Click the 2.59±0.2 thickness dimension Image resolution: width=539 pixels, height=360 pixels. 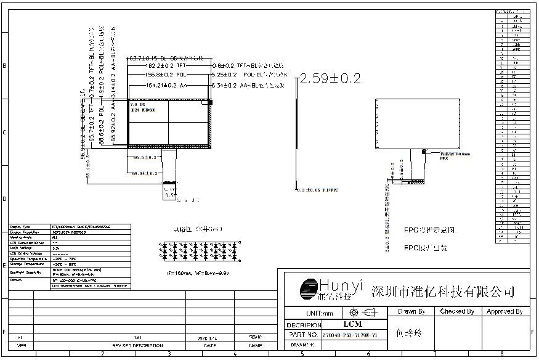point(329,78)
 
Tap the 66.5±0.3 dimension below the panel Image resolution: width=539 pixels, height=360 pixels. point(145,157)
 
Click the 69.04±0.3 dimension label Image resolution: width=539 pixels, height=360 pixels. point(145,173)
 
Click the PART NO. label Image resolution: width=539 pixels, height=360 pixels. point(302,335)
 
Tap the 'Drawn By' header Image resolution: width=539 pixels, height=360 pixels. point(411,312)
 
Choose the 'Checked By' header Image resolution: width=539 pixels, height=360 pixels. point(457,312)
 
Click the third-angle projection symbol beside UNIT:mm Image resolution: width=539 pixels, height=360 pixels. point(362,313)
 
